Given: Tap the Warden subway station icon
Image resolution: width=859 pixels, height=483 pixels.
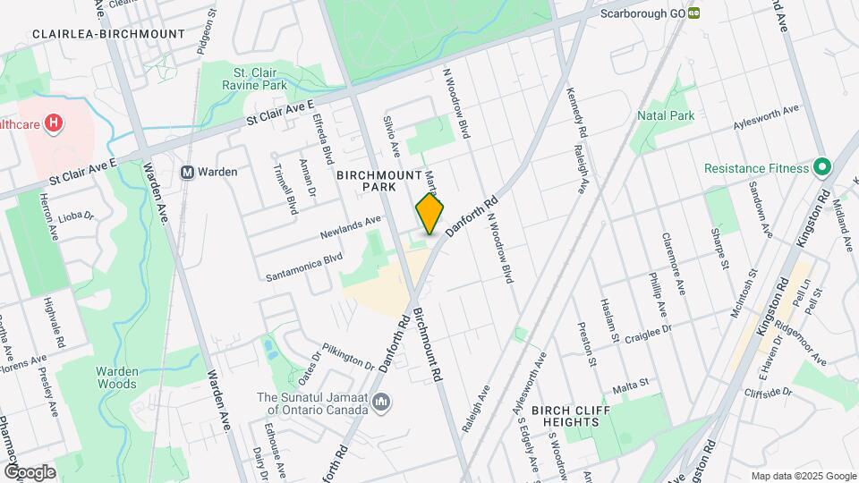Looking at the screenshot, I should point(188,172).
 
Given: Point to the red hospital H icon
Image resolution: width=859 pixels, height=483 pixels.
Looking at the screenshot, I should point(55,123).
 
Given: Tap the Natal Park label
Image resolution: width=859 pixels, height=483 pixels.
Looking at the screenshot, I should point(666,115).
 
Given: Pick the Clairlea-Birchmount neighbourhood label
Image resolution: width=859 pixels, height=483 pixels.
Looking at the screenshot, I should point(108,34).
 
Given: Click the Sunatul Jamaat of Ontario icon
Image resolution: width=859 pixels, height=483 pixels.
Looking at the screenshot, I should point(381,403).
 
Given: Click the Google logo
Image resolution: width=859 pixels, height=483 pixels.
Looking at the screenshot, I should point(30,472).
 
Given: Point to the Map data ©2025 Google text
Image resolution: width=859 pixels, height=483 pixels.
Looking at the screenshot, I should point(804,476).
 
